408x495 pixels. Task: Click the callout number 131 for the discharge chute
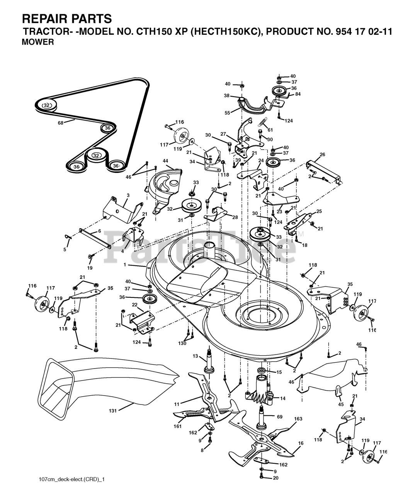112,411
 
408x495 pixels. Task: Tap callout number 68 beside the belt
60,123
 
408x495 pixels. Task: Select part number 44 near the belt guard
165,160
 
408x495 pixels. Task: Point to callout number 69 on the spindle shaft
280,417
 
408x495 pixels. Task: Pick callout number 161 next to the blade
177,426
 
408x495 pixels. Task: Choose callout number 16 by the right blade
301,443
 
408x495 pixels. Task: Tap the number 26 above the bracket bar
322,155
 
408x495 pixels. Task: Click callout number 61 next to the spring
270,130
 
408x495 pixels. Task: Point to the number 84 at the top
298,94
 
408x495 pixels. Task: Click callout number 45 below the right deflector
341,405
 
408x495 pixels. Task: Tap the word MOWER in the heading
37,42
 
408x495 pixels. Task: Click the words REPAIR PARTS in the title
67,18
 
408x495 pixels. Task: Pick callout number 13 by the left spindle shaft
195,356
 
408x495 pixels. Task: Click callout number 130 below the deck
182,343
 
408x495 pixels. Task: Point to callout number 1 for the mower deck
125,265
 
